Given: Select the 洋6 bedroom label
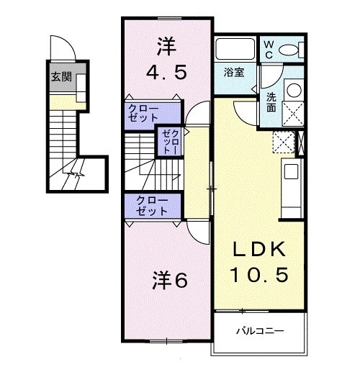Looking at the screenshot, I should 170,281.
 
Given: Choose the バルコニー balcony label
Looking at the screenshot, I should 260,331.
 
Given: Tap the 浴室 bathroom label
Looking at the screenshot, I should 233,72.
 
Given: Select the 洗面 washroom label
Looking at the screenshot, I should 271,103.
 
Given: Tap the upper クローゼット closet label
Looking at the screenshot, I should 144,114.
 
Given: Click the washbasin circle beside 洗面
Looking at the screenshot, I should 294,90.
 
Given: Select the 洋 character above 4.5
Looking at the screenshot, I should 166,46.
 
